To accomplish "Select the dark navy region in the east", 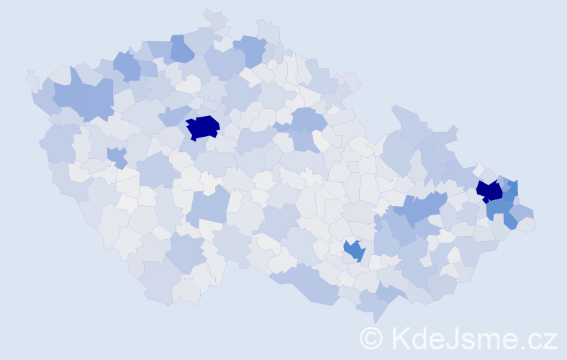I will [490, 191].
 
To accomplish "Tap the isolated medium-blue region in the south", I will [353, 250].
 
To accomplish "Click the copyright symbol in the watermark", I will [371, 338].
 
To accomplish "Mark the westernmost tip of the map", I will [27, 72].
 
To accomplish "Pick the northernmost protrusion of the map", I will [210, 12].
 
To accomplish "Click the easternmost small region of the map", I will [528, 225].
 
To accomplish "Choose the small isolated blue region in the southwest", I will [117, 156].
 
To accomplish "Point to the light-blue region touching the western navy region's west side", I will [173, 116].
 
